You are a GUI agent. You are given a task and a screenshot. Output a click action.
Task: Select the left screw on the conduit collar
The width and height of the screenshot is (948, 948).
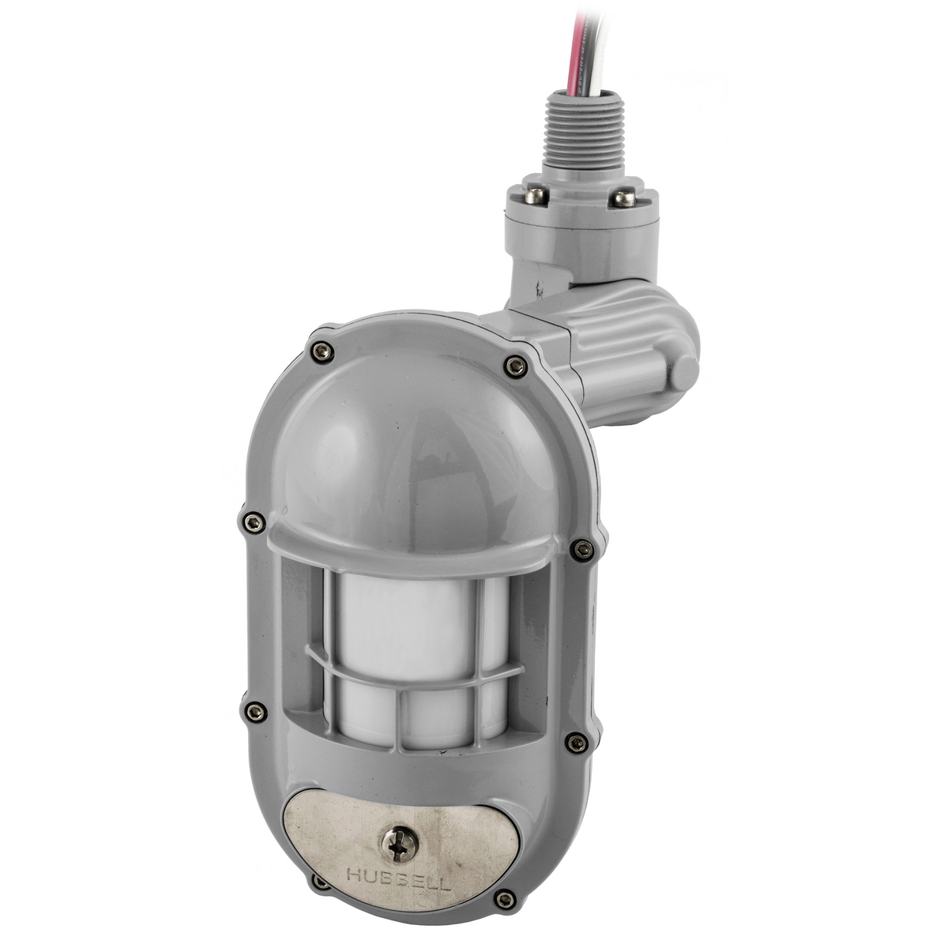click(x=536, y=195)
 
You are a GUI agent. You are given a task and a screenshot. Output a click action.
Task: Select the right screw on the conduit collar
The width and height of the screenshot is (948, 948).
click(x=624, y=197)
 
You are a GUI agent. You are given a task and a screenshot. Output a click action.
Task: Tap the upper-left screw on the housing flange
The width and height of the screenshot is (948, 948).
click(x=322, y=352)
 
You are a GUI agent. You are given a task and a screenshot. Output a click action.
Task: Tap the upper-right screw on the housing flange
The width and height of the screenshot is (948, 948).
click(x=516, y=365)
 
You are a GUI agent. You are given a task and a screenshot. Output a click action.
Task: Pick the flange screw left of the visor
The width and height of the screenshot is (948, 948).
click(x=252, y=521)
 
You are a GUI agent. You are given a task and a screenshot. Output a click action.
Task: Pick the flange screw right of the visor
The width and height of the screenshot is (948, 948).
click(x=581, y=549)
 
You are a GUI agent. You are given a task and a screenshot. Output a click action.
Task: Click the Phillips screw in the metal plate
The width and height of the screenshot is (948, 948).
click(x=397, y=844)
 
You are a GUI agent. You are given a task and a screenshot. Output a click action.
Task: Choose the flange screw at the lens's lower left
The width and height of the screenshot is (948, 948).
click(x=255, y=712)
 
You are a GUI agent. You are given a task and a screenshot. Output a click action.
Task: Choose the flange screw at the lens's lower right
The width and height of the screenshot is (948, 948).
click(x=577, y=742)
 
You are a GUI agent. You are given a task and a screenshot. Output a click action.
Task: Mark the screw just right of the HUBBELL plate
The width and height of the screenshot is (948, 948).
click(x=504, y=898)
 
